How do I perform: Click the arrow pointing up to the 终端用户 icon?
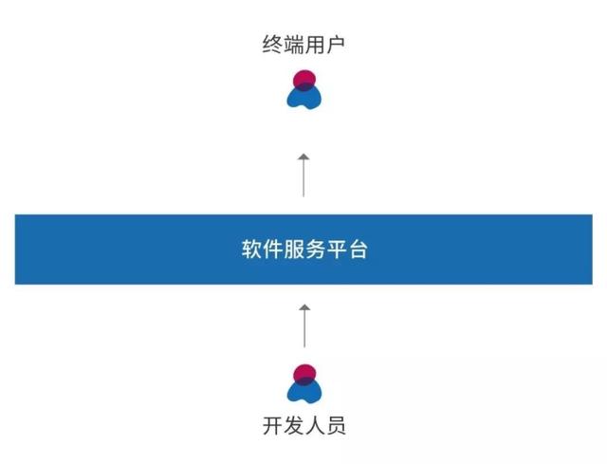click(x=303, y=174)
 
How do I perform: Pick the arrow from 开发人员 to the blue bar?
click(x=303, y=325)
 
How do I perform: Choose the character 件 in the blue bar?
click(x=272, y=251)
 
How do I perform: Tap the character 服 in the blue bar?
click(x=293, y=251)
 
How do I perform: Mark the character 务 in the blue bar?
click(x=314, y=251)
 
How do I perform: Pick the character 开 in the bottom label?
click(x=272, y=425)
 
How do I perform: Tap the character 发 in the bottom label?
click(x=293, y=425)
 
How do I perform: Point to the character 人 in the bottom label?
click(x=314, y=425)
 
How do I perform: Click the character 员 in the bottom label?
click(x=335, y=425)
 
